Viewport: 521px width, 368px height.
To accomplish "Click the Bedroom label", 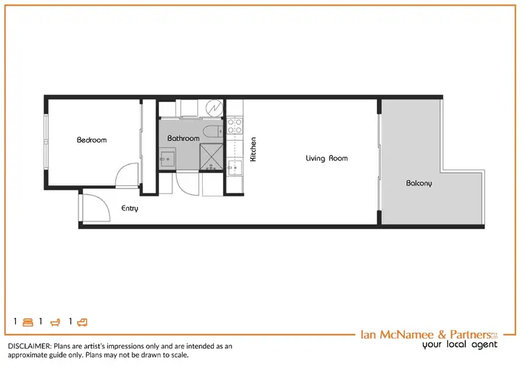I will [92, 140].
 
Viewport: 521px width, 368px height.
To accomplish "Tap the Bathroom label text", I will [183, 138].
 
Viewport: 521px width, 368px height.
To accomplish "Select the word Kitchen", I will [254, 149].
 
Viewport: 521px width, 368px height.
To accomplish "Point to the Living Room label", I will [326, 158].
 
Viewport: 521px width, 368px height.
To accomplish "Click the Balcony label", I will [419, 183].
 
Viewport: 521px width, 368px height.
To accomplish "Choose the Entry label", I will [130, 208].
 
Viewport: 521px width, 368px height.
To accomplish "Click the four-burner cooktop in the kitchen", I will [234, 126].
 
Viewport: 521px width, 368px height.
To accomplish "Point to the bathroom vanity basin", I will [167, 159].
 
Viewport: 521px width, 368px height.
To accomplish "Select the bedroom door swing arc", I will [128, 175].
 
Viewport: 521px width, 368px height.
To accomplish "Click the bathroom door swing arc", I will [186, 182].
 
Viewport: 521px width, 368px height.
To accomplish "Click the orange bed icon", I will [28, 322].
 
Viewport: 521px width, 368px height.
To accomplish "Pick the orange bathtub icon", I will [55, 322].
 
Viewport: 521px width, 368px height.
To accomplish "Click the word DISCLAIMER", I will [29, 345].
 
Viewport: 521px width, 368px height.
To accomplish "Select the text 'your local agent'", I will [460, 344].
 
